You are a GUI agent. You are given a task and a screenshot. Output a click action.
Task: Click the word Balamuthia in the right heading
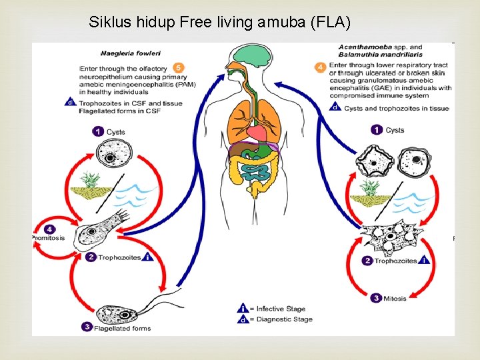[361, 55]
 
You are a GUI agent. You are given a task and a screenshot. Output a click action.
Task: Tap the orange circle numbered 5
[178, 68]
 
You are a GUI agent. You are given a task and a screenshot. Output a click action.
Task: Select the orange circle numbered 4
[321, 67]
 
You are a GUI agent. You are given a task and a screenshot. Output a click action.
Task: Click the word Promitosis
[48, 238]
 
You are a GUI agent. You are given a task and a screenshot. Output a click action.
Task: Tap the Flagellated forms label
[123, 328]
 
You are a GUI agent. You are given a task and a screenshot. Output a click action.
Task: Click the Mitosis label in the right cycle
[395, 299]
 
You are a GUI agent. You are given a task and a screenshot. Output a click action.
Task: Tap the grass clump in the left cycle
[91, 185]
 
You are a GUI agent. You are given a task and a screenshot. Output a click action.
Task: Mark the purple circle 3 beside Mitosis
[376, 299]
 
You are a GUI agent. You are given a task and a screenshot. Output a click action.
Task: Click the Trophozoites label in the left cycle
[119, 257]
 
